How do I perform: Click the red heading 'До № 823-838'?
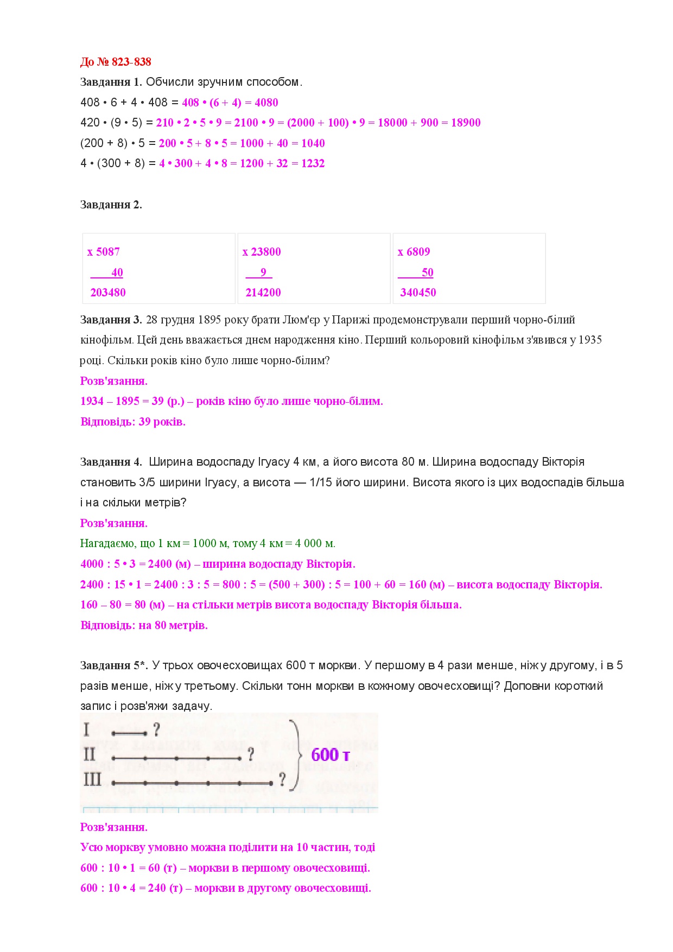pos(116,62)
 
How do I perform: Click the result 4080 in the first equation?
pos(266,103)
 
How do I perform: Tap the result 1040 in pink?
pos(313,143)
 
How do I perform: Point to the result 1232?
pos(313,163)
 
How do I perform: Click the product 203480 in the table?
pos(108,293)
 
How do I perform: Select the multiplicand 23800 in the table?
pos(265,252)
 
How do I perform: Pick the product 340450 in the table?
pos(418,293)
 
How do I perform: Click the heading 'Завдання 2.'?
pos(111,205)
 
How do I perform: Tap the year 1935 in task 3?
pos(590,340)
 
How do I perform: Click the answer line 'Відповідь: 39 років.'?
pos(133,422)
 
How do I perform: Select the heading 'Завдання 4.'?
pos(111,462)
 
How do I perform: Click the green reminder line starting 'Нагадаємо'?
pos(208,543)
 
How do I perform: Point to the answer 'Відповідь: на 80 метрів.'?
pos(144,625)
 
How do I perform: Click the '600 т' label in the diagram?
pos(330,754)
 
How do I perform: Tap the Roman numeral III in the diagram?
pos(92,780)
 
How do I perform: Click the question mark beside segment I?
pos(156,729)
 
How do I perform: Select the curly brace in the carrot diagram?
pos(296,755)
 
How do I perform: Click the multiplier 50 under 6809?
pos(427,272)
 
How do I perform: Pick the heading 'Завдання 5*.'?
pos(114,665)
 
